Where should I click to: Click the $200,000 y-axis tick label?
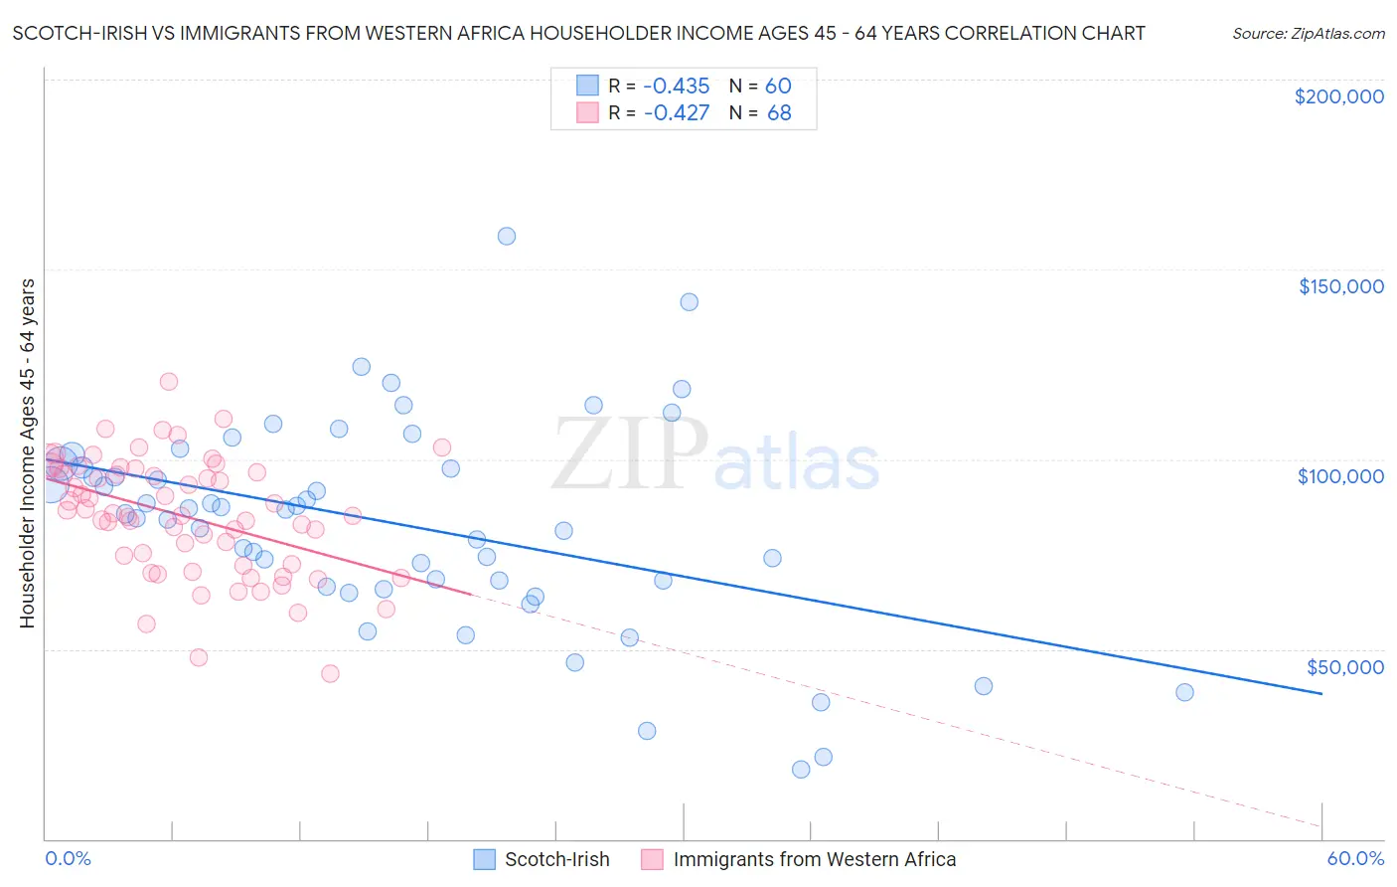1338,96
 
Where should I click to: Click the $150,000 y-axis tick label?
1340,286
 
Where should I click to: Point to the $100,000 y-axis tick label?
1340,476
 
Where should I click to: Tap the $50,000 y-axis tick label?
1344,666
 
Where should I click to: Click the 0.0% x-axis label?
68,858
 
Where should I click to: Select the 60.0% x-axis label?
1355,858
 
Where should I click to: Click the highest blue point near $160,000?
507,237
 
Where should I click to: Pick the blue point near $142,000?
689,302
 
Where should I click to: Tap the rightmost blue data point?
1184,693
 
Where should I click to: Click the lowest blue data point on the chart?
801,770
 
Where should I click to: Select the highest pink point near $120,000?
169,382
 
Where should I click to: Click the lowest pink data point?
330,674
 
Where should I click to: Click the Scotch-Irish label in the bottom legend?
556,860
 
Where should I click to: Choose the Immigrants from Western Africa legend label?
814,860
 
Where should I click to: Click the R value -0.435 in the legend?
676,87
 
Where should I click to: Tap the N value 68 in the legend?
779,113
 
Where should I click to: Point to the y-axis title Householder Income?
27,453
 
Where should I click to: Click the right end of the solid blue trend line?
1321,693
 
